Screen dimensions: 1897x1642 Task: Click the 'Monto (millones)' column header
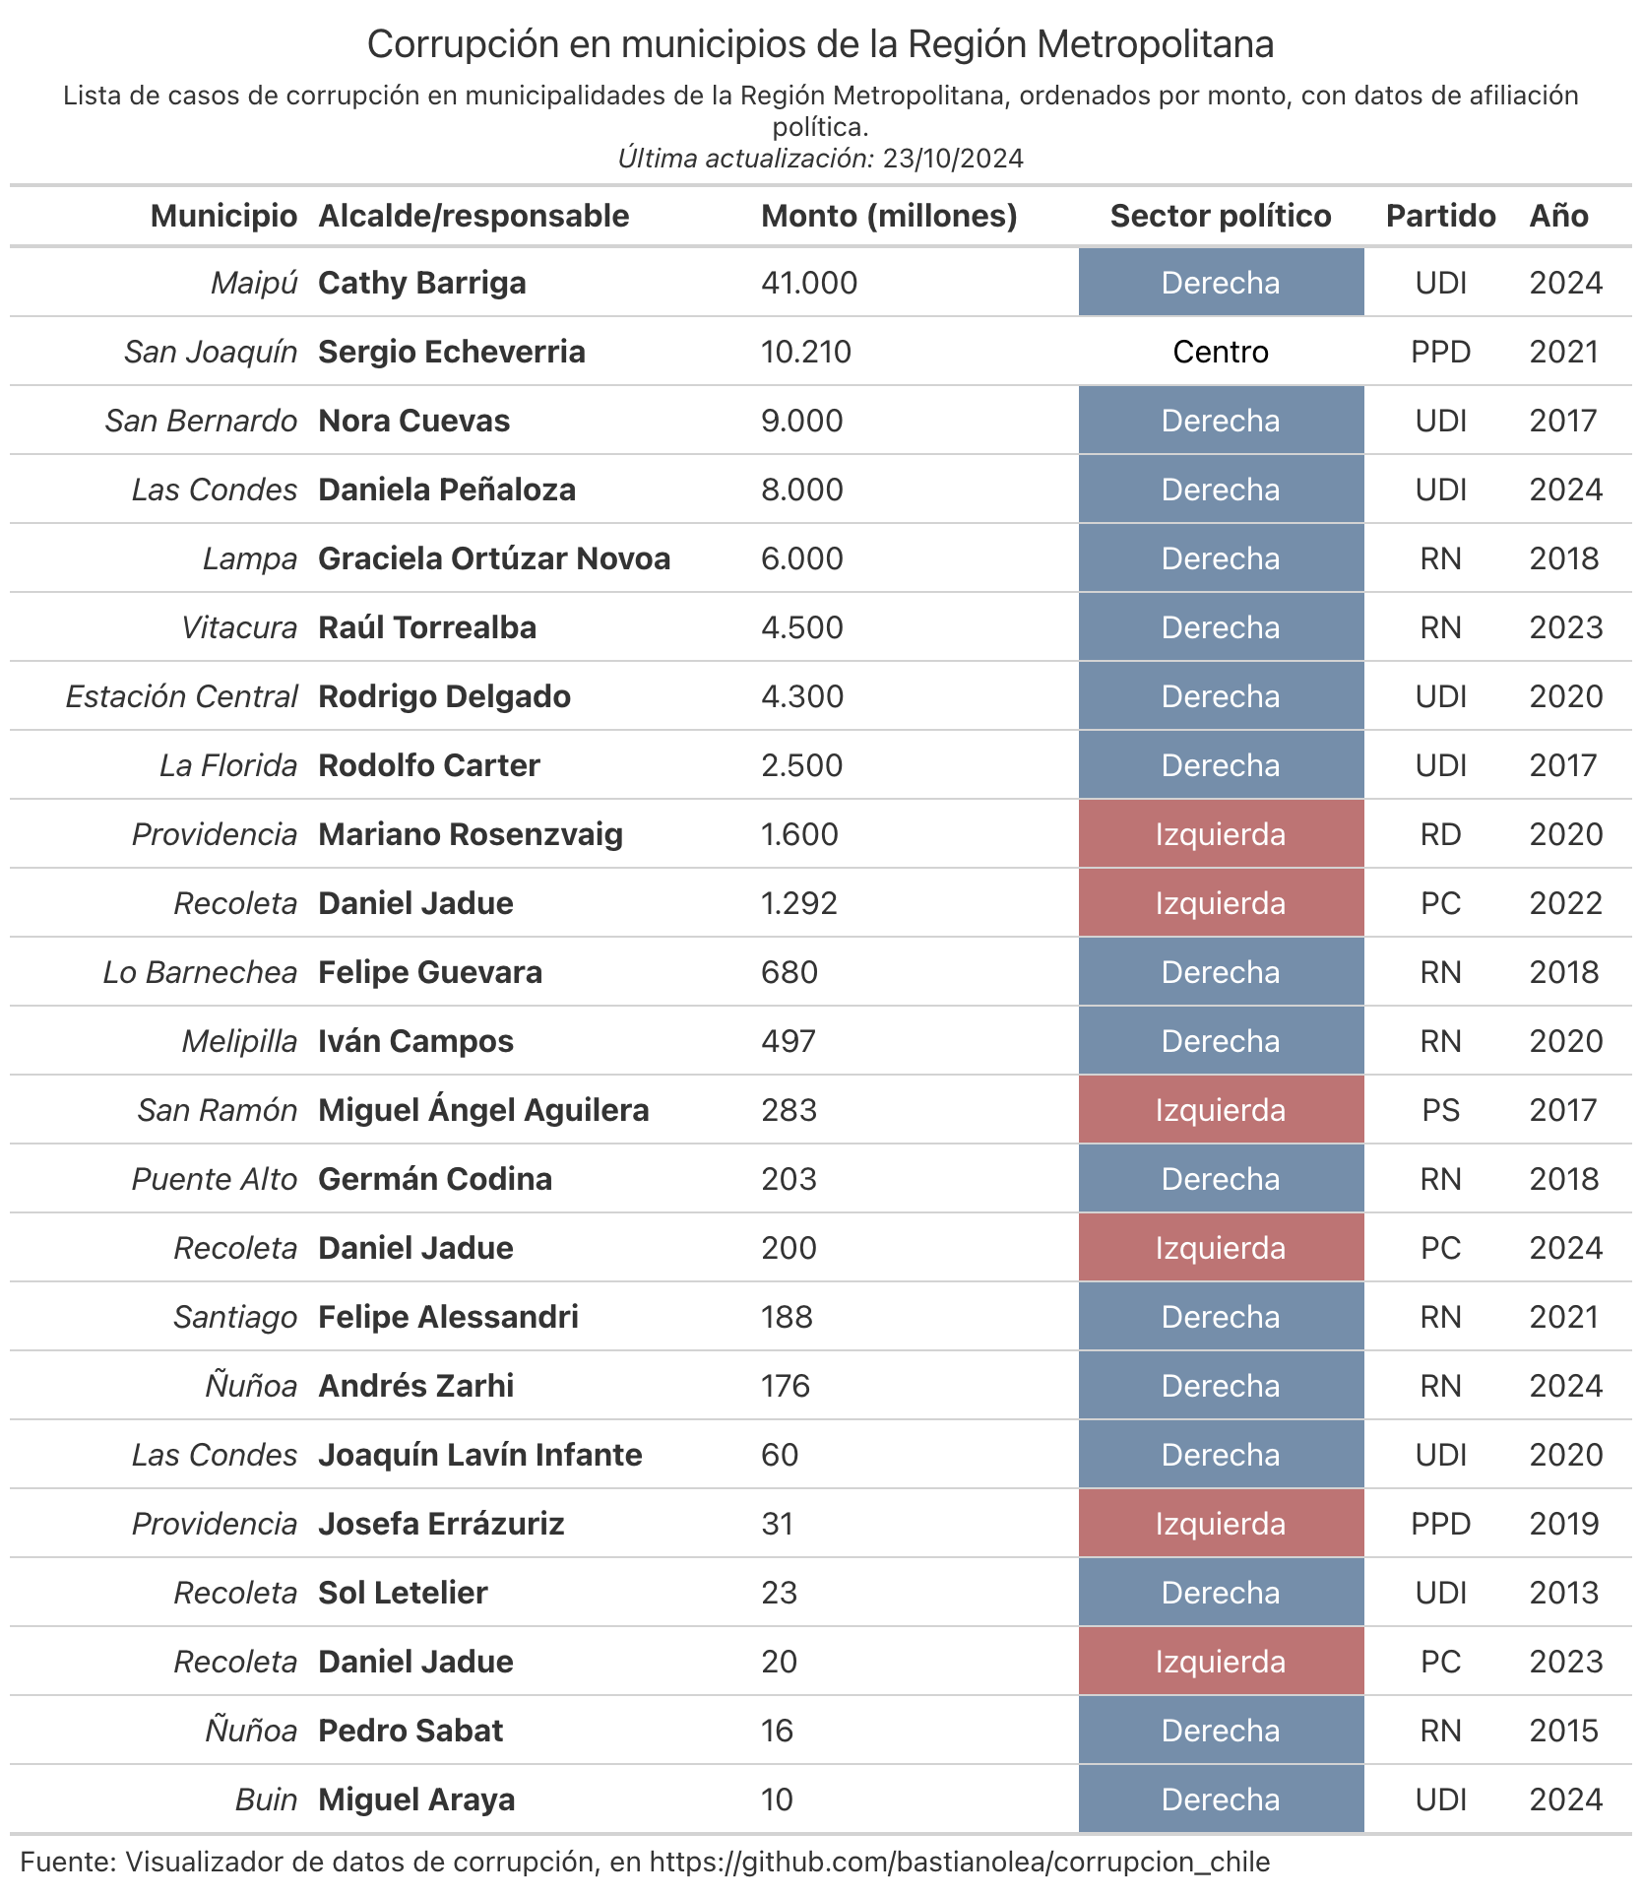[889, 216]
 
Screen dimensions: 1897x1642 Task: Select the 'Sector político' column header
[1221, 216]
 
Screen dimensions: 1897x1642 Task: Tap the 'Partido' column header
[1440, 216]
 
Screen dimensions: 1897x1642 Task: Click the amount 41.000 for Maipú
[809, 283]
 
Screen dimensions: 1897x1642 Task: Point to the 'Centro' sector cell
[1221, 352]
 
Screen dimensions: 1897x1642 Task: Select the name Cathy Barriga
[421, 283]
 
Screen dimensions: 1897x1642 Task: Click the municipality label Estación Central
[181, 696]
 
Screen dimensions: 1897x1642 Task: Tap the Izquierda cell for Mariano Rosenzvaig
[1221, 834]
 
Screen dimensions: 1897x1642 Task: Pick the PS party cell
[1440, 1110]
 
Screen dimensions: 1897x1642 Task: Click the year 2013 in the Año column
[1565, 1593]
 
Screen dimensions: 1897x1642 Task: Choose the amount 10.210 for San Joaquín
[806, 352]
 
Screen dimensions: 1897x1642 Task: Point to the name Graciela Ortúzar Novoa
[494, 558]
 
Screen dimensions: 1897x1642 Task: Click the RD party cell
[1440, 834]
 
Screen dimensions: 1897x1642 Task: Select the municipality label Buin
[266, 1799]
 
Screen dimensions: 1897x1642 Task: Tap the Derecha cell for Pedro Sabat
[1221, 1731]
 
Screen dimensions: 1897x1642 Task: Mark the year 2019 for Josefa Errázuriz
[1565, 1524]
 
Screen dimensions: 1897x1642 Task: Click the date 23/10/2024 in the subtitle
[953, 159]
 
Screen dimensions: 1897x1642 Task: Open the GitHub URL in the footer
[960, 1862]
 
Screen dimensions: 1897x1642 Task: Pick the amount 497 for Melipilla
[789, 1041]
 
